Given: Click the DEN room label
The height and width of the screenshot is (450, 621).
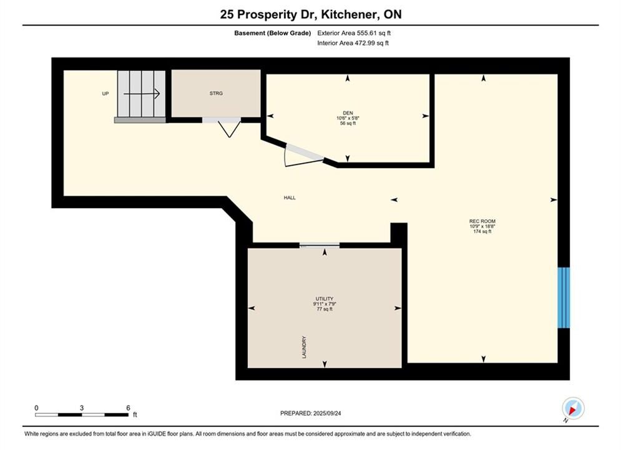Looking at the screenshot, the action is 348,113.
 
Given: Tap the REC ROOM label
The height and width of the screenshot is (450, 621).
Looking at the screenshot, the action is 482,221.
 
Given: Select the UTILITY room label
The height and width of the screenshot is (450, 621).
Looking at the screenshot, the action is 325,299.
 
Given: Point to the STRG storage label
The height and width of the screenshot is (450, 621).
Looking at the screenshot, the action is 216,93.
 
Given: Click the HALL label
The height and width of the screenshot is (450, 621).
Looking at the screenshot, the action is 290,197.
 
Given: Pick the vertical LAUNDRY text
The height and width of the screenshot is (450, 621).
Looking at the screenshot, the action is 304,347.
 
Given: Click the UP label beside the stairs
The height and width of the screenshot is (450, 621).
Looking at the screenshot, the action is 105,94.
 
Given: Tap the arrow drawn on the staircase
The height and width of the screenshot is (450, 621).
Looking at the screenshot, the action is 142,94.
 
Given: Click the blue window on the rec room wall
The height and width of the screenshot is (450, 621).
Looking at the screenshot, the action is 564,297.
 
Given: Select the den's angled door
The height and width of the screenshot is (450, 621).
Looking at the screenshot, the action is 305,152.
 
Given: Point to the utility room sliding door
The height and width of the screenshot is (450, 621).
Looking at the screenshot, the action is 319,245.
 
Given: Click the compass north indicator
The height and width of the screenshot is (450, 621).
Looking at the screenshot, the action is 573,408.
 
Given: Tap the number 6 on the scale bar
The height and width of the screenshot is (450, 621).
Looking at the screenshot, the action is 128,407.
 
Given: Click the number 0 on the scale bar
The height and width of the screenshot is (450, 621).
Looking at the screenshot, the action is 36,407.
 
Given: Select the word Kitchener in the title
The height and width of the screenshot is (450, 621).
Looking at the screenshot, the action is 348,14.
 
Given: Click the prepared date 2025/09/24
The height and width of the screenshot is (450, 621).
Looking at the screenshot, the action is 327,413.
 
